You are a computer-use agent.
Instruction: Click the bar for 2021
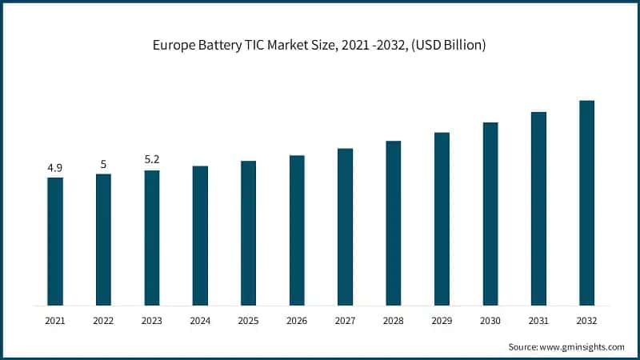point(55,241)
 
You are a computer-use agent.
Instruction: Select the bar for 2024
point(200,235)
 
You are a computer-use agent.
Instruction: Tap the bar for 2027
point(345,226)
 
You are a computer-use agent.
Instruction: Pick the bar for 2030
point(490,214)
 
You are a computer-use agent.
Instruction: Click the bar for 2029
point(442,218)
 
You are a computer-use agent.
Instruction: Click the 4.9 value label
point(55,168)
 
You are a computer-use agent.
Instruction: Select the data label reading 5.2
point(152,160)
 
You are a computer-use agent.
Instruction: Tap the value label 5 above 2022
point(103,164)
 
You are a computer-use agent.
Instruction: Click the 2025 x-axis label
point(248,319)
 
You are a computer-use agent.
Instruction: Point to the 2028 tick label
point(394,319)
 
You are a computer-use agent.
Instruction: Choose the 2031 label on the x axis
point(538,319)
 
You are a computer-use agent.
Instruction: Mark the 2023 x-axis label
point(152,319)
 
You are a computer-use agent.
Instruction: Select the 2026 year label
point(297,319)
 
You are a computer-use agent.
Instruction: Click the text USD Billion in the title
point(450,46)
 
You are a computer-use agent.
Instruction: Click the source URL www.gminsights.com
point(582,347)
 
